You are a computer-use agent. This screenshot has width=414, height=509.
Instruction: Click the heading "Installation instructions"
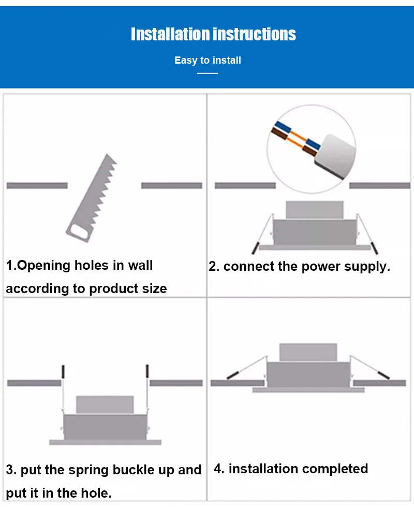[x=213, y=34]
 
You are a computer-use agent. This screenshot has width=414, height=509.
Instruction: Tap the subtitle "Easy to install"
[x=208, y=61]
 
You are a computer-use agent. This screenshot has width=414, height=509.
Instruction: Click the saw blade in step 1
[x=92, y=198]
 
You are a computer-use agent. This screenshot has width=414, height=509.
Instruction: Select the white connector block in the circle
[x=335, y=156]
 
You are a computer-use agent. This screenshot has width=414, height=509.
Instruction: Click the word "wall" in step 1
[x=140, y=265]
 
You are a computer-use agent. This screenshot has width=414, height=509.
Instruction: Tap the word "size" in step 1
[x=154, y=288]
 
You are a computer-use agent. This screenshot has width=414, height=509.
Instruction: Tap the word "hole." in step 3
[x=96, y=493]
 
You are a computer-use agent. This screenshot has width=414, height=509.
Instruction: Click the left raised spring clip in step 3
[x=63, y=371]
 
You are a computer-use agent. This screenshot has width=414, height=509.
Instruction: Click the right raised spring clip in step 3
[x=147, y=371]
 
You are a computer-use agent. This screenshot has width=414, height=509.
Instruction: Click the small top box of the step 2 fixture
[x=315, y=210]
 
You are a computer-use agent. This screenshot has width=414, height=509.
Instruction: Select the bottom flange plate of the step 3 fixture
[x=105, y=442]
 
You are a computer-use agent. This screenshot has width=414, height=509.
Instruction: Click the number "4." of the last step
[x=219, y=469]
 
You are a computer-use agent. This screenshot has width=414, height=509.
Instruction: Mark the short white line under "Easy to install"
[x=208, y=74]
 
